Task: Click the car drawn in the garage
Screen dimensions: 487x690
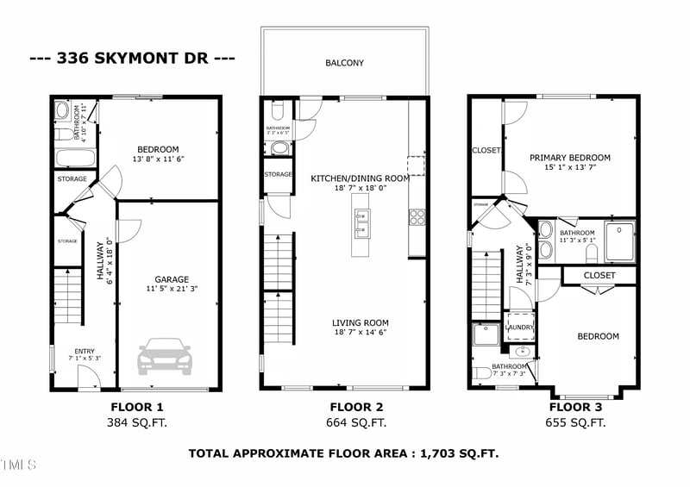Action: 165,356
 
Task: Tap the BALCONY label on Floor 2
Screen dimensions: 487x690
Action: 344,63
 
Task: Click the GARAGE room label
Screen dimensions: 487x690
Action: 172,279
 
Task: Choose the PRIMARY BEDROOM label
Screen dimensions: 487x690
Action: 570,158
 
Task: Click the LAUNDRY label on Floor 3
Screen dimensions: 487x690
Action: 517,328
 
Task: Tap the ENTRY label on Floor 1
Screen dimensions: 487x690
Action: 85,351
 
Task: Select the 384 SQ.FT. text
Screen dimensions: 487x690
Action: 137,423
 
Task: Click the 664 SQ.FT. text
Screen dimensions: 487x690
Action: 355,423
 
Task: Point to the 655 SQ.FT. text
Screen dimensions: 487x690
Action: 575,423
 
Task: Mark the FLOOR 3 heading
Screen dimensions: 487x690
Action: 575,407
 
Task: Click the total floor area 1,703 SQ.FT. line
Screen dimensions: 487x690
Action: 343,453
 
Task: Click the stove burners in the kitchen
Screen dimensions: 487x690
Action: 417,217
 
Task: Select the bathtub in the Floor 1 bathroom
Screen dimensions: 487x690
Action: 74,159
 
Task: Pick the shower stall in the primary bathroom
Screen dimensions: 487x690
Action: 619,240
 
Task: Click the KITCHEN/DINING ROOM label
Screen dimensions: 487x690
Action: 348,178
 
